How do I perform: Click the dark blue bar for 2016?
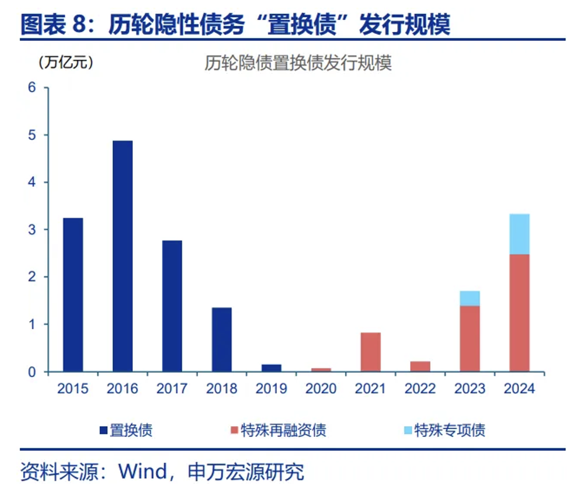122,256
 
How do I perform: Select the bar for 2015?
73,295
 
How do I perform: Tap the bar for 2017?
172,306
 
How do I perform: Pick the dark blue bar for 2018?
222,339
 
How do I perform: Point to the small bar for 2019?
271,368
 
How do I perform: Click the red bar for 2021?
371,352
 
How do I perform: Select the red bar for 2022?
420,366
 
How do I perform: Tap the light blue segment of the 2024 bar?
519,234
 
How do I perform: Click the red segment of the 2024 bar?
519,313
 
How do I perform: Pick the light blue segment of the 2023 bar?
470,298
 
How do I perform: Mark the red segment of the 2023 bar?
470,339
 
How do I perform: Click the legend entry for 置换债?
125,430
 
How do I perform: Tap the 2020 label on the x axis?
321,389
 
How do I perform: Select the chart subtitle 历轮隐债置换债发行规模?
297,64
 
